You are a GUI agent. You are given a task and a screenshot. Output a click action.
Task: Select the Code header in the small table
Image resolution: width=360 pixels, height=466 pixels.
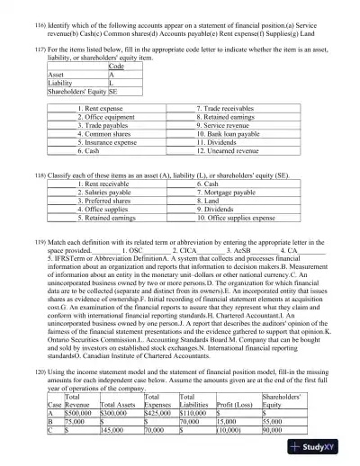(x=116, y=67)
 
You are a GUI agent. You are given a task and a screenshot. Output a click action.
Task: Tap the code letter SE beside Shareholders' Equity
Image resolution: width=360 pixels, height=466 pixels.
(x=113, y=92)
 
